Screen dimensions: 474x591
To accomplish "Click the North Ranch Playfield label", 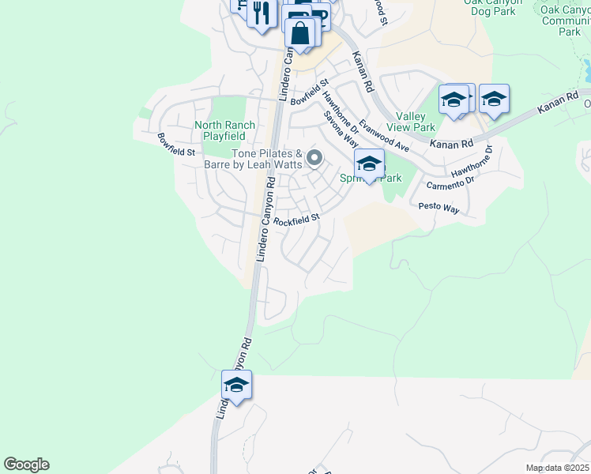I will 225,130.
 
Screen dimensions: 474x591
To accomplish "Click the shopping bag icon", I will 300,34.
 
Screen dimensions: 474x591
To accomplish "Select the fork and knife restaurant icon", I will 261,13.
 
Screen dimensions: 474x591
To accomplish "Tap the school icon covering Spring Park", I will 369,164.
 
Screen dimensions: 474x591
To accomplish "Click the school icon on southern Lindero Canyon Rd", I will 236,385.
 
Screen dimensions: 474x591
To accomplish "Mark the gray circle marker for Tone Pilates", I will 314,159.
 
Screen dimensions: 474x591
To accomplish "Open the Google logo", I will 26,465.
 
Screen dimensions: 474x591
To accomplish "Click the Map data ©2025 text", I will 557,468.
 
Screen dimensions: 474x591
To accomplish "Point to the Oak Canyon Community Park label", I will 565,20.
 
